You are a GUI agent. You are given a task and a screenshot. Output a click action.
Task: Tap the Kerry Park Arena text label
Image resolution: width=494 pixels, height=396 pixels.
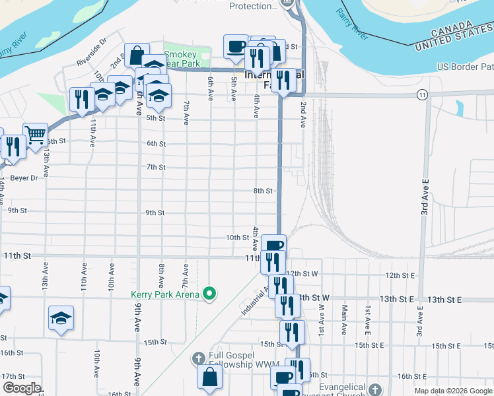[165, 294]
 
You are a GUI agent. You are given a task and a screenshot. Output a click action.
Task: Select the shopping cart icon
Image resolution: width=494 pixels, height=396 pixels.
[35, 135]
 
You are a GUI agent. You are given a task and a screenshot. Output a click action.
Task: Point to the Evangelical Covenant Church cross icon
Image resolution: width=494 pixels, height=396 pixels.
[375, 390]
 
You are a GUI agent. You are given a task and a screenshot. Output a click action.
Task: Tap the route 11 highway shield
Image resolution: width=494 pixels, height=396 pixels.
[421, 95]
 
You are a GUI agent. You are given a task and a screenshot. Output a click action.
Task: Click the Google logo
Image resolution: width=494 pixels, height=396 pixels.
[22, 387]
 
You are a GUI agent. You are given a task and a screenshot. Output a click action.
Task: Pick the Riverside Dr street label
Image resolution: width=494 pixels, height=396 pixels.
[91, 51]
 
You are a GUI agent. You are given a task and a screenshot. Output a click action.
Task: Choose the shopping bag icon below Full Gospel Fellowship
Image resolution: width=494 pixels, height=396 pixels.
[209, 378]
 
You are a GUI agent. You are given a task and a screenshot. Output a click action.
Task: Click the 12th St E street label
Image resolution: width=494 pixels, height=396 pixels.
[400, 275]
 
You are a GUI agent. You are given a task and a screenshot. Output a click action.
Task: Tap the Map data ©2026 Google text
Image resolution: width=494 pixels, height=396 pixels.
[453, 391]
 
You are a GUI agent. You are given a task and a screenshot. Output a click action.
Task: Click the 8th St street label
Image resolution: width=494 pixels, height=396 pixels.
[263, 191]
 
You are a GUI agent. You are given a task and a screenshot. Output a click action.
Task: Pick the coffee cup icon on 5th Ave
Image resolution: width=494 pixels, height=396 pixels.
[235, 46]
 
